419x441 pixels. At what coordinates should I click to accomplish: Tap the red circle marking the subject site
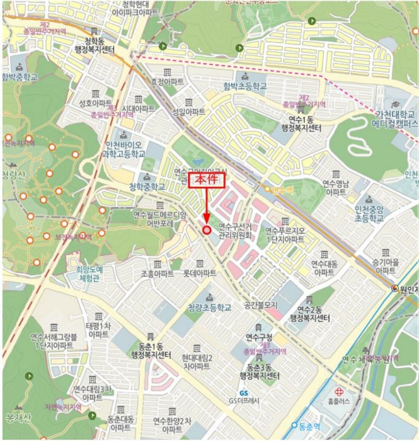pos(207,230)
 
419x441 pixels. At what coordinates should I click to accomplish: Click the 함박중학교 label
pos(20,77)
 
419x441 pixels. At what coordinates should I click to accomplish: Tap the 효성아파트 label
pos(166,82)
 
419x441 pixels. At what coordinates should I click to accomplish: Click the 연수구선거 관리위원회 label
pos(235,230)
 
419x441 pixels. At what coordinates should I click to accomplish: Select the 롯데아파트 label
pos(200,273)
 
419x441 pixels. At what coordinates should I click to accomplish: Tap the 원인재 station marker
pos(395,289)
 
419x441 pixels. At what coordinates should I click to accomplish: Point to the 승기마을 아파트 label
pos(385,265)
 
